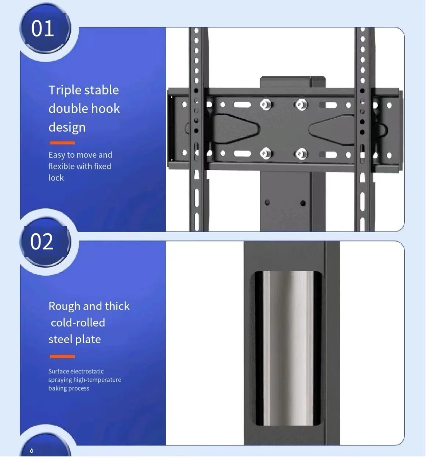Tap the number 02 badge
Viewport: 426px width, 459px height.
(42, 242)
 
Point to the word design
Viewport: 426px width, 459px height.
(67, 128)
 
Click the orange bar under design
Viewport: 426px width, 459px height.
(62, 143)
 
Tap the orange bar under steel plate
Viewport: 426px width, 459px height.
(62, 356)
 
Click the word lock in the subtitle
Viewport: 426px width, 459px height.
(56, 178)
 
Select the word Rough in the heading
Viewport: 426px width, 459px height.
(64, 306)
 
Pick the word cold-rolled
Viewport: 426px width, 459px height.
(78, 323)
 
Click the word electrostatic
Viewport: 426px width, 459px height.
(86, 372)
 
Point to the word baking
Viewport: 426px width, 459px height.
(57, 388)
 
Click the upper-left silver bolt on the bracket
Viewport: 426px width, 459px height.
(266, 105)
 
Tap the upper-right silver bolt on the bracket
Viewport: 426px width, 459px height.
(301, 105)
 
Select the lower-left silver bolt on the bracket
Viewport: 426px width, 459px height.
(266, 153)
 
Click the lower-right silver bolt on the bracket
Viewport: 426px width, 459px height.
(301, 154)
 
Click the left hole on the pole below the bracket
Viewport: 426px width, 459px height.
(267, 202)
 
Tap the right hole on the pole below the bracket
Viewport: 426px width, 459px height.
(303, 203)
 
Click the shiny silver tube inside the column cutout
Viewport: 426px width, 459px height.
(288, 347)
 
